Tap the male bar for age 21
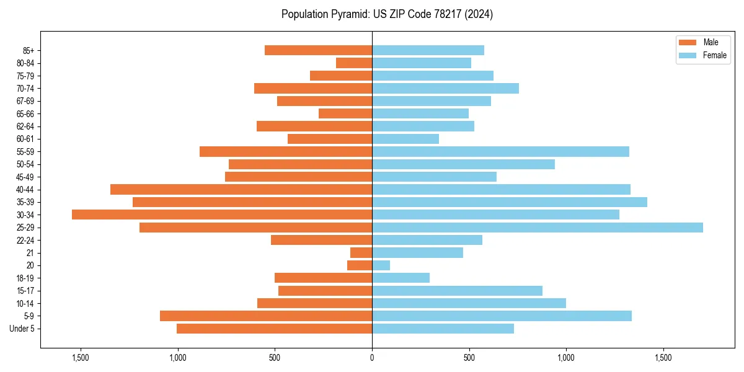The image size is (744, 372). click(361, 252)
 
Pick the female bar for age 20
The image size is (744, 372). click(381, 265)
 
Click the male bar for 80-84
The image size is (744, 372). click(354, 63)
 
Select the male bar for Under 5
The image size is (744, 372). click(274, 329)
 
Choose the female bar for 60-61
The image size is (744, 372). click(405, 139)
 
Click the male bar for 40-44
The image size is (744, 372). click(241, 189)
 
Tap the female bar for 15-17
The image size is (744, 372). click(457, 291)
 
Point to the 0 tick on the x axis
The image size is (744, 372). click(372, 358)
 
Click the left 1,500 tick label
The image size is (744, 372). click(81, 358)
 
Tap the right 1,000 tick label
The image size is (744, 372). click(566, 358)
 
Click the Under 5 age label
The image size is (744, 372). click(22, 329)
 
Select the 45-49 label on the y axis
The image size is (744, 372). click(25, 177)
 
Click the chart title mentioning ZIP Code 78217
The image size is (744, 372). click(387, 14)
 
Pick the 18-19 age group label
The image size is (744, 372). click(25, 278)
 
